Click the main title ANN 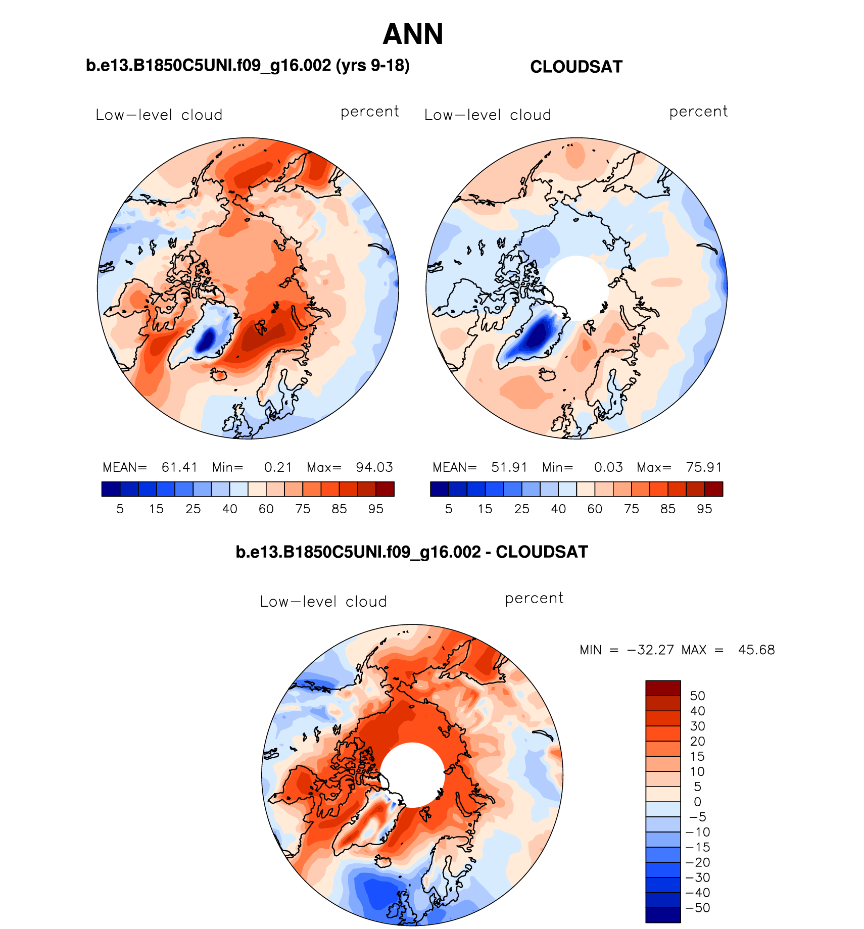(x=413, y=34)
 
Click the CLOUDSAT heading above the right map (x=576, y=67)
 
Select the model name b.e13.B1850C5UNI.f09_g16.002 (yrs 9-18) (x=248, y=65)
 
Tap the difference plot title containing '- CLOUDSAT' (x=412, y=552)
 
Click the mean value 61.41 (x=179, y=467)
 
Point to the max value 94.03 (x=374, y=467)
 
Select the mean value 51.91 (x=509, y=467)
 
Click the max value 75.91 (x=704, y=467)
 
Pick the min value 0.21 (x=278, y=467)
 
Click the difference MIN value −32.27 (x=650, y=650)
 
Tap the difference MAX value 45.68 (x=756, y=650)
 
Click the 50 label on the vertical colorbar (x=697, y=696)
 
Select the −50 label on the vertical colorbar (x=698, y=908)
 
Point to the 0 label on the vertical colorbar (x=697, y=802)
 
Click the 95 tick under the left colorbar (x=375, y=509)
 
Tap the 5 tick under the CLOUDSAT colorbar (x=449, y=509)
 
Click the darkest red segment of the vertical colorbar (x=663, y=688)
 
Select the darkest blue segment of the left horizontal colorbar (x=111, y=489)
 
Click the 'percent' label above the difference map (x=534, y=598)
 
